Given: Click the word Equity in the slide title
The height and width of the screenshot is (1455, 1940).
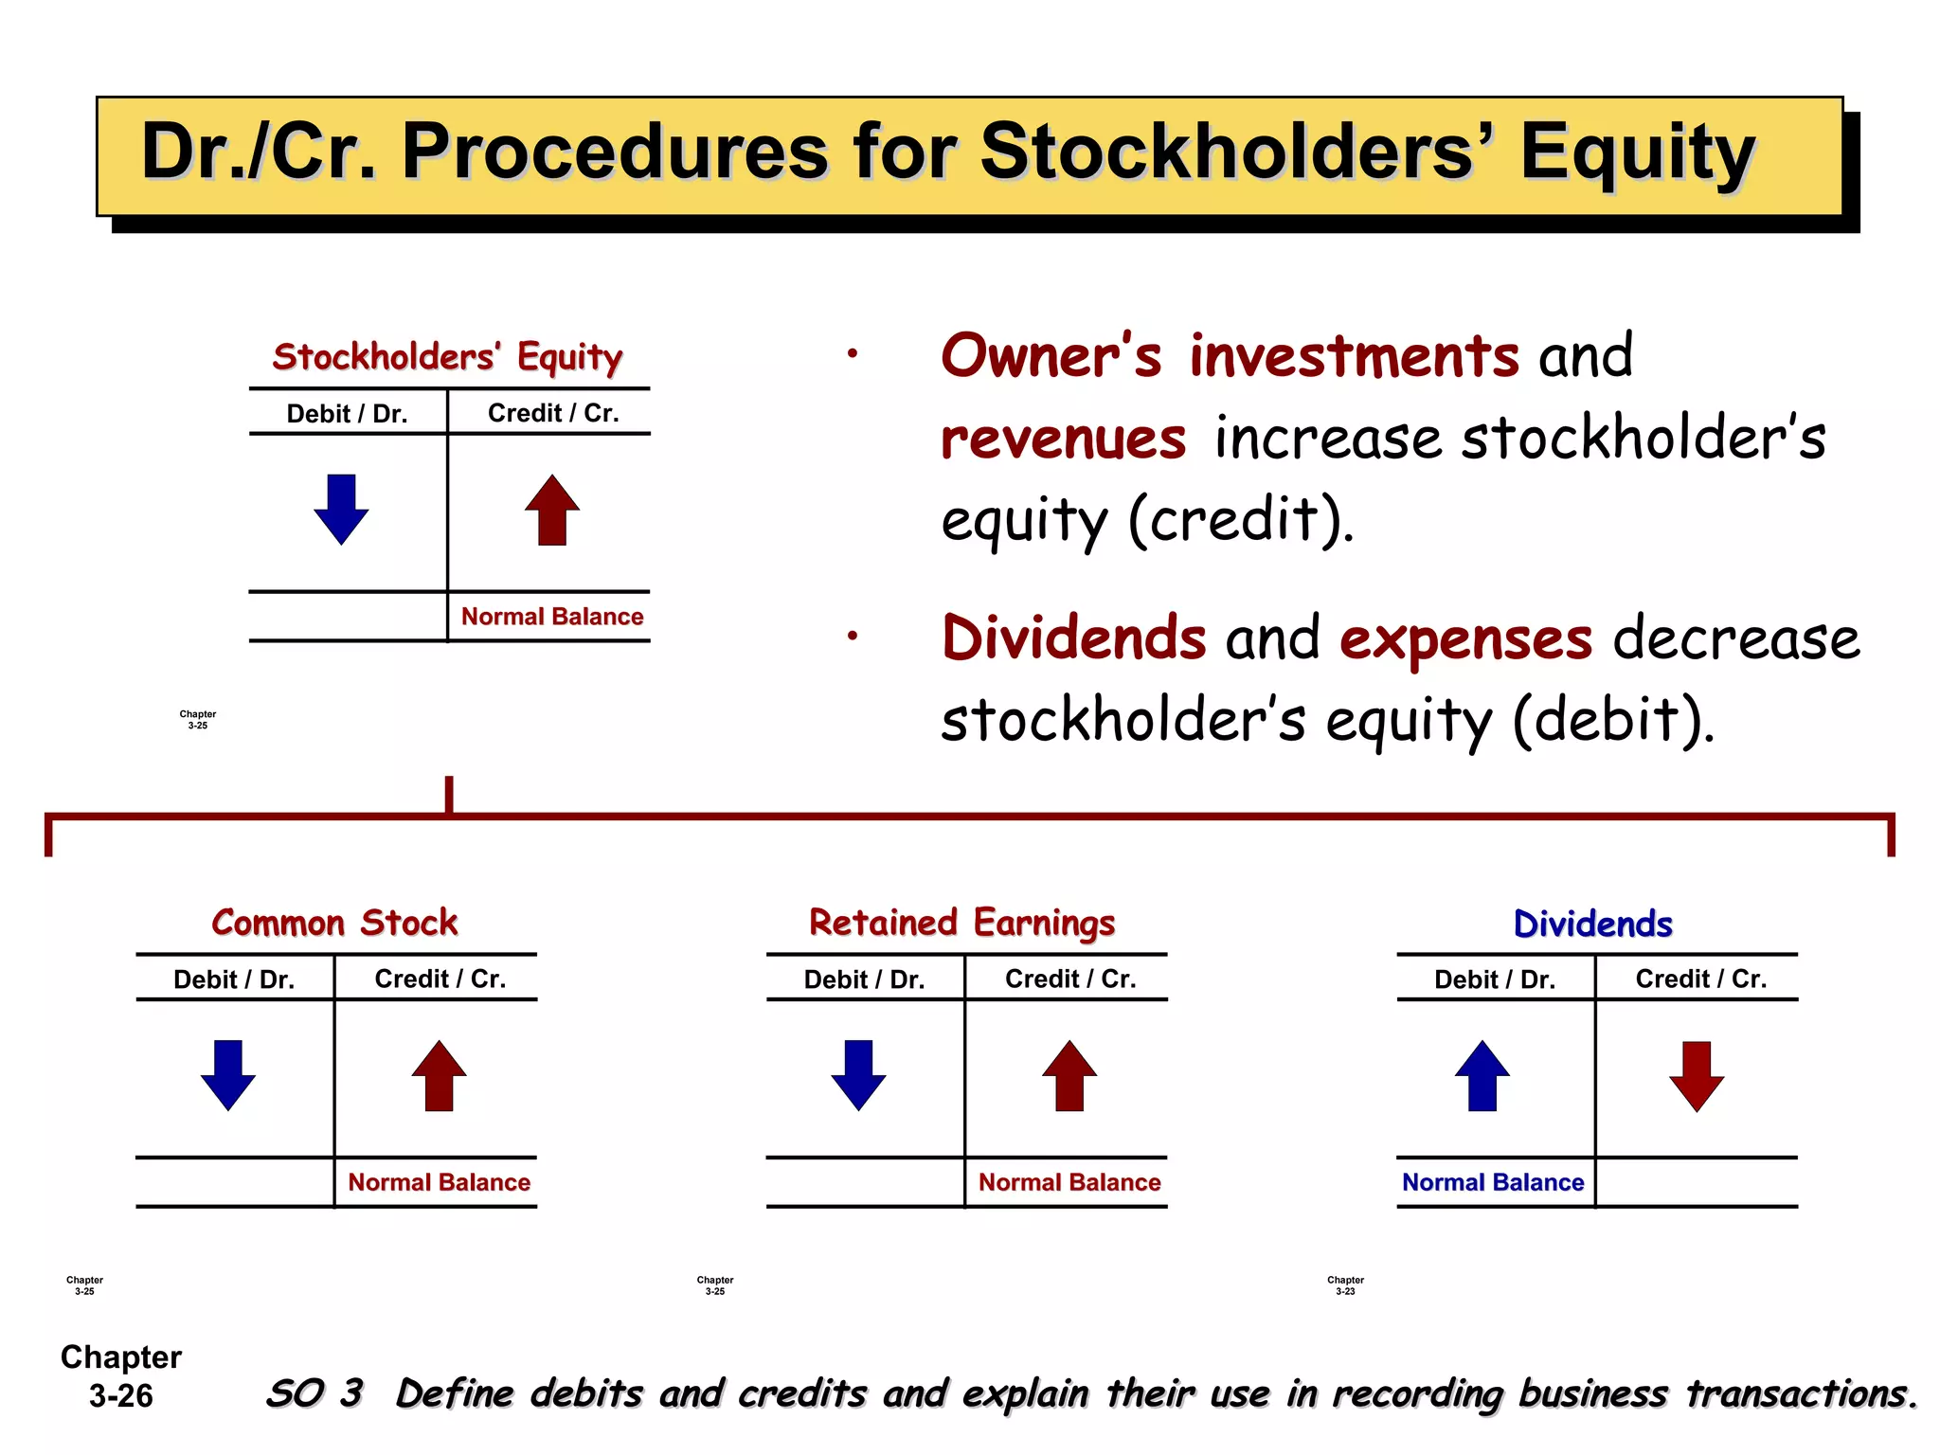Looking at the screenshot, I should click(x=1637, y=153).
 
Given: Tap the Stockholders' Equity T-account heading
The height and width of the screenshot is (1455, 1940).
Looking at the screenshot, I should click(x=447, y=357).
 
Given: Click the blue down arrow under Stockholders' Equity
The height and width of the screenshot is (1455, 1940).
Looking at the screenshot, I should click(x=341, y=509).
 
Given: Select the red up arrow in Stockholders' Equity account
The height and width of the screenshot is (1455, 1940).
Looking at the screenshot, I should click(x=552, y=510).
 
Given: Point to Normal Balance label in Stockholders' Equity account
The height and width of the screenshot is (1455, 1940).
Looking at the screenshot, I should click(x=552, y=617).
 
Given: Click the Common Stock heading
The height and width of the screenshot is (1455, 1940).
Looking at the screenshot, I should click(x=334, y=923).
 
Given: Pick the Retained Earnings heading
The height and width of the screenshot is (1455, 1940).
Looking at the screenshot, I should click(x=961, y=923).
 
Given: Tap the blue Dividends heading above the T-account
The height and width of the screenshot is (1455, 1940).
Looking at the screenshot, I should click(x=1592, y=924).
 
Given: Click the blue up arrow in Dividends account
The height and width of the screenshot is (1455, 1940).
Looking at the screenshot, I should click(x=1482, y=1075).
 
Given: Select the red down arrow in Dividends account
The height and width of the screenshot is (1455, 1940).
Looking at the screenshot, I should click(x=1696, y=1076).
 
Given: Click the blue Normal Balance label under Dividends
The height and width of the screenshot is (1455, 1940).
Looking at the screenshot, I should click(x=1493, y=1182).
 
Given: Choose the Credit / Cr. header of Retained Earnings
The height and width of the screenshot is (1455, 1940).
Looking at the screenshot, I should click(x=1070, y=979).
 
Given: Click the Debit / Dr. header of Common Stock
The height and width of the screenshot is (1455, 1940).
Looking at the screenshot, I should click(x=234, y=979).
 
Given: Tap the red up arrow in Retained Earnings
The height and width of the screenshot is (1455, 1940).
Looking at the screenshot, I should click(x=1069, y=1075).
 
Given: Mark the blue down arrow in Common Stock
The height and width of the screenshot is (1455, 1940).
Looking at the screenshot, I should click(x=228, y=1074).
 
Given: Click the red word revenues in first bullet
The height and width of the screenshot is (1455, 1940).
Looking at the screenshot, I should click(x=1063, y=440).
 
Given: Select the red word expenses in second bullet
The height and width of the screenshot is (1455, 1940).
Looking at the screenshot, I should click(x=1465, y=639).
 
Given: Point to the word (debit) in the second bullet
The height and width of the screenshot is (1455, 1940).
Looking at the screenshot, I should click(x=1613, y=720).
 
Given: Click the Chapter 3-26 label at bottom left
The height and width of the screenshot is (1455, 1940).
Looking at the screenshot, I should click(x=121, y=1376).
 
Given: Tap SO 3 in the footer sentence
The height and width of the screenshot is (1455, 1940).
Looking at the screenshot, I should click(x=314, y=1393).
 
